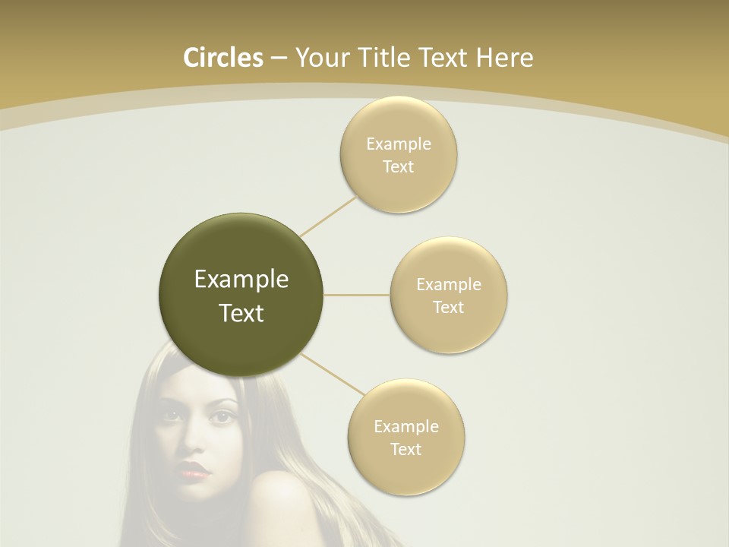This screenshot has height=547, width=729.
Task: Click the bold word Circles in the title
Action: tap(222, 58)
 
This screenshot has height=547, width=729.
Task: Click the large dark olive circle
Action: tap(241, 296)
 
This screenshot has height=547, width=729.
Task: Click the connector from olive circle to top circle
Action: tap(329, 214)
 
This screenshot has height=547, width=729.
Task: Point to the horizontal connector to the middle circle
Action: tap(357, 295)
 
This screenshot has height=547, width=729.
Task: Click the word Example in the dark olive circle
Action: tap(241, 280)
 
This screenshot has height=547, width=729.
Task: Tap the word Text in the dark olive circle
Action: tap(241, 313)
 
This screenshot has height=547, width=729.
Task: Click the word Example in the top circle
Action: tap(398, 144)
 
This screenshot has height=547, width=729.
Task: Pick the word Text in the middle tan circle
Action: tap(448, 308)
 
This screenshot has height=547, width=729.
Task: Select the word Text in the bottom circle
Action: tap(406, 449)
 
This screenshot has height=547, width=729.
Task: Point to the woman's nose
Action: tap(194, 444)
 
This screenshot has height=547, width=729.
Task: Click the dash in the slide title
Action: tap(278, 58)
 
